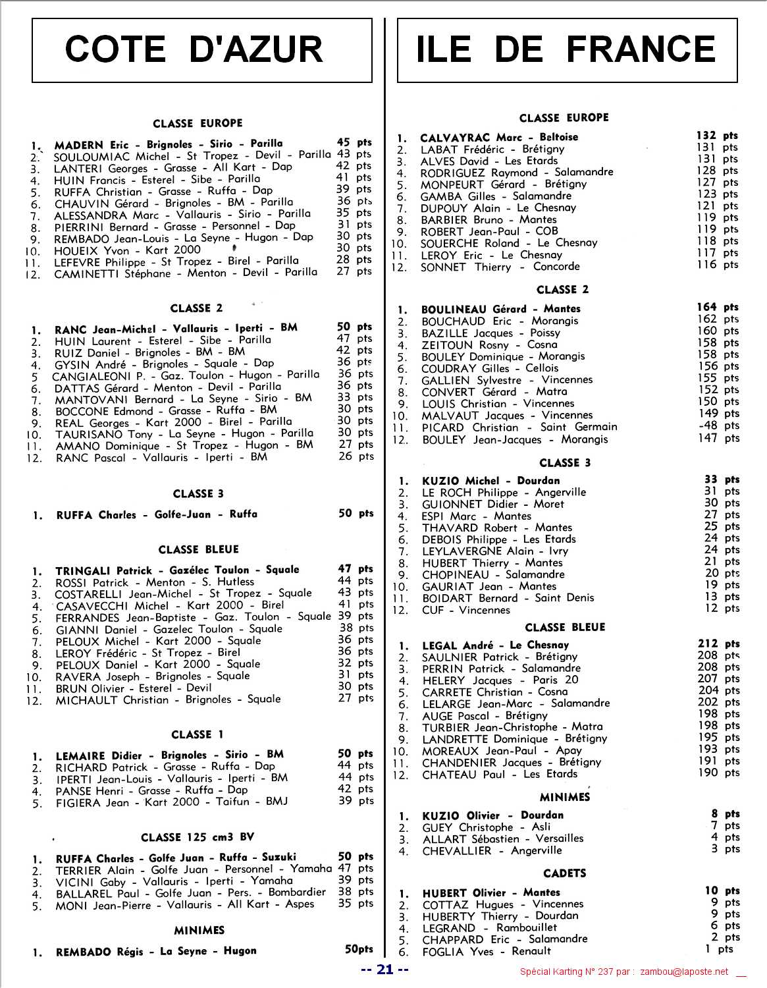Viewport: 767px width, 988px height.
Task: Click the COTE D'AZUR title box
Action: click(x=201, y=50)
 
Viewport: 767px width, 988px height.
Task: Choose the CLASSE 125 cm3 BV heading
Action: click(x=198, y=838)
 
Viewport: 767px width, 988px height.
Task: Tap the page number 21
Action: click(x=385, y=970)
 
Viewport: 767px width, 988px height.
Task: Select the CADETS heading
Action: click(x=564, y=873)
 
